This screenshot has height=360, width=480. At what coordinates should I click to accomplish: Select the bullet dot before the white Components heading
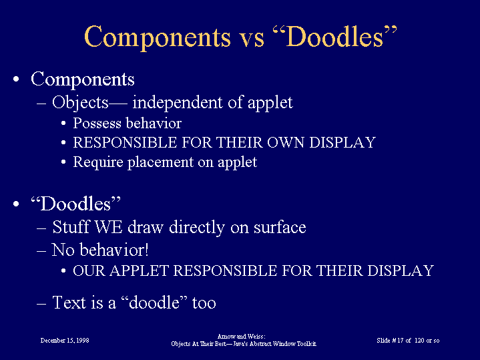[16, 79]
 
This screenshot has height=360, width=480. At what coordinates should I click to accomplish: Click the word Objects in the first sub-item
[80, 103]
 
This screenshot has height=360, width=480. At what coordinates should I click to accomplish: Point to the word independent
[177, 102]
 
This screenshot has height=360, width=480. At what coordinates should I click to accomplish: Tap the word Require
[98, 163]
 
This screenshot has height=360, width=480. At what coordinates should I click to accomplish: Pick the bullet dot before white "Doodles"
[16, 204]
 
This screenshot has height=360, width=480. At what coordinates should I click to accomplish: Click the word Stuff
[71, 227]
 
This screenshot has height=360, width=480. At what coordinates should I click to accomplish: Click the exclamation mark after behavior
[147, 250]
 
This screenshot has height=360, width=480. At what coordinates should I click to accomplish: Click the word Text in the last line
[69, 303]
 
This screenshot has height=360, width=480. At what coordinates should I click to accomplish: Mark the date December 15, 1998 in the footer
[65, 341]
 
